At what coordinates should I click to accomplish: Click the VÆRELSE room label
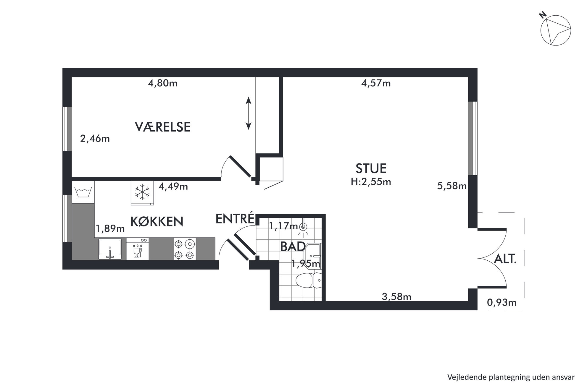tap(162, 127)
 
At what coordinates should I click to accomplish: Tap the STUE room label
tap(371, 168)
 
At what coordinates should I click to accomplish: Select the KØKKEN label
tap(157, 221)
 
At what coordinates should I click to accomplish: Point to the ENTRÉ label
tap(235, 218)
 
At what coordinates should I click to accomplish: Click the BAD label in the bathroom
tap(293, 246)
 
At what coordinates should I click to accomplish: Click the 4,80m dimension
tap(163, 83)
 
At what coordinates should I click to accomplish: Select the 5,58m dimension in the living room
tap(452, 186)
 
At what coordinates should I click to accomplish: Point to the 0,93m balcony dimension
tap(502, 302)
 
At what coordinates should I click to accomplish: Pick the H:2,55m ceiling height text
tap(371, 182)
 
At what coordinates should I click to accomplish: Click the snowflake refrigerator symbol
tap(142, 192)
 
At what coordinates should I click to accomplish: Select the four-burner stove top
tap(185, 249)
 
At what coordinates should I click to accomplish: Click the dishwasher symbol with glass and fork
tap(138, 249)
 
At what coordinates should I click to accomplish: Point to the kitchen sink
tap(110, 249)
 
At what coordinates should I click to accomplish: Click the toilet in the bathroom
tap(308, 280)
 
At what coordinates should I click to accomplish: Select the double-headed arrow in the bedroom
tap(249, 113)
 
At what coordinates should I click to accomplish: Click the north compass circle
tap(556, 30)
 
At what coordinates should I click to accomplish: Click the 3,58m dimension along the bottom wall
tap(396, 296)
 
